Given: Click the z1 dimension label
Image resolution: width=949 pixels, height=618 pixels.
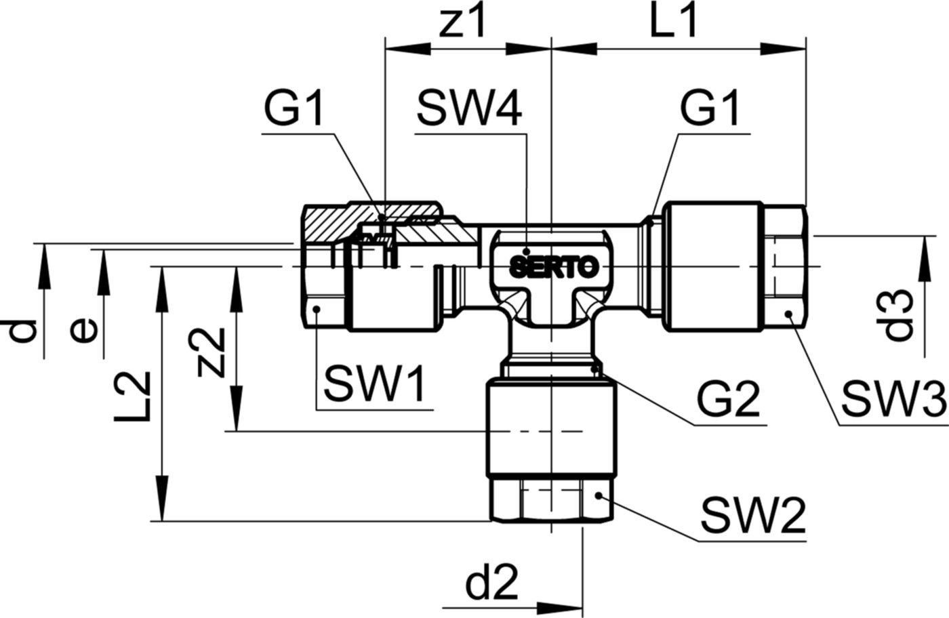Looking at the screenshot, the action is tap(462, 22).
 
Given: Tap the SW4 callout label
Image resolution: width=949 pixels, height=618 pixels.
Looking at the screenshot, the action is tap(469, 108).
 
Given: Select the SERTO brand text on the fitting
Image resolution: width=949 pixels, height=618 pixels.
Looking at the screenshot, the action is tap(554, 267).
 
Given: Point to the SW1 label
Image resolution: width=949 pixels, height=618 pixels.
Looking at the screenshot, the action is tap(374, 385).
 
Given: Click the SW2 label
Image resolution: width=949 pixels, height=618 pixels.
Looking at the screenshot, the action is tap(753, 516).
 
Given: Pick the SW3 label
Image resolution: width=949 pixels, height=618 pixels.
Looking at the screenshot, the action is tap(894, 399).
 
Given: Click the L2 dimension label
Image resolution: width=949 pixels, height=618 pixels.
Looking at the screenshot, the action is tap(132, 397).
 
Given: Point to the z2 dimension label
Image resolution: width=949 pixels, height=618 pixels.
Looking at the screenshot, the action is tap(210, 353).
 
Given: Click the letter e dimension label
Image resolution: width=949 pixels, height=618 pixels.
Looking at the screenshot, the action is tap(84, 331).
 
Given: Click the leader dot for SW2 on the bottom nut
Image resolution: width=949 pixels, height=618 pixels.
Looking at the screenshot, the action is tap(598, 496).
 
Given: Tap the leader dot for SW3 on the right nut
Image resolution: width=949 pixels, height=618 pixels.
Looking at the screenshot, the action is tap(788, 314).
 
